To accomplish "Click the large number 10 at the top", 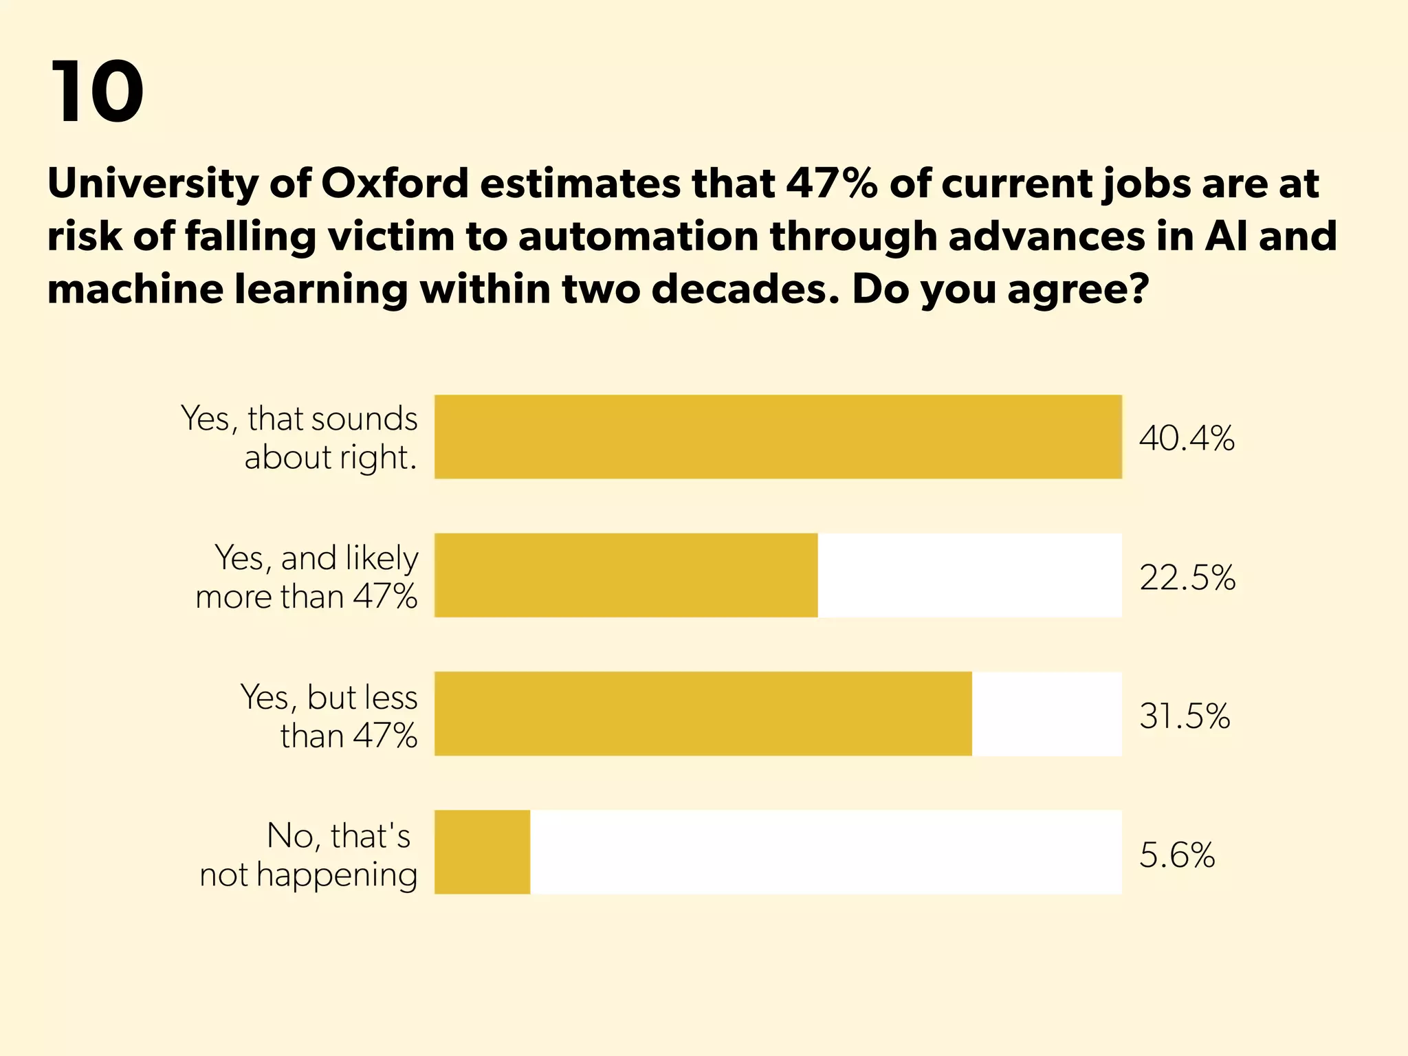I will pyautogui.click(x=96, y=92).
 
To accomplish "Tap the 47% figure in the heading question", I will pyautogui.click(x=832, y=184).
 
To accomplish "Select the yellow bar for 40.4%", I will pyautogui.click(x=778, y=437).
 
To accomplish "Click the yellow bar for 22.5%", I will pyautogui.click(x=626, y=575).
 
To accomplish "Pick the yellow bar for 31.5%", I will pyautogui.click(x=703, y=714).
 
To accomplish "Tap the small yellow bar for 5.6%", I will pyautogui.click(x=482, y=852).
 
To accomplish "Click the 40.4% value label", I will pyautogui.click(x=1187, y=438).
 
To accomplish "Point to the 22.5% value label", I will pyautogui.click(x=1187, y=577).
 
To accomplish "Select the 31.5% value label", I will pyautogui.click(x=1184, y=716).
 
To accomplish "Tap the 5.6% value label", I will pyautogui.click(x=1177, y=855).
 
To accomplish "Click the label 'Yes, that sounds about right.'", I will pyautogui.click(x=300, y=438).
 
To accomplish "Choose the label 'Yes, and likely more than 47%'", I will pyautogui.click(x=307, y=577).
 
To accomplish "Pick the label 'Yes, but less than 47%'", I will pyautogui.click(x=329, y=716).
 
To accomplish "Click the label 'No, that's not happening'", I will pyautogui.click(x=309, y=855).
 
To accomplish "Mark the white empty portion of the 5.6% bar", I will pyautogui.click(x=825, y=852).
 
